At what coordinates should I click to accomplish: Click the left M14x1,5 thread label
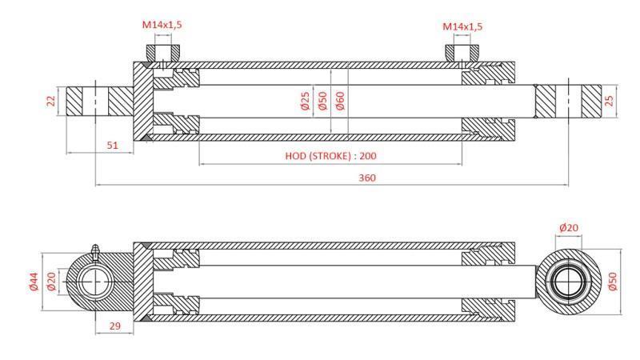point(162,25)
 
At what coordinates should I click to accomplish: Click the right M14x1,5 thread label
point(463,26)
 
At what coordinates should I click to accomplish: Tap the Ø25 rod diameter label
point(305,101)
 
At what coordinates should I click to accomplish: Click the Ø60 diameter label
point(340,101)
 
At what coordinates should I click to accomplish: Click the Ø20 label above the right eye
point(569,227)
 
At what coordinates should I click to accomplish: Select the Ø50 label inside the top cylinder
point(322,101)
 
